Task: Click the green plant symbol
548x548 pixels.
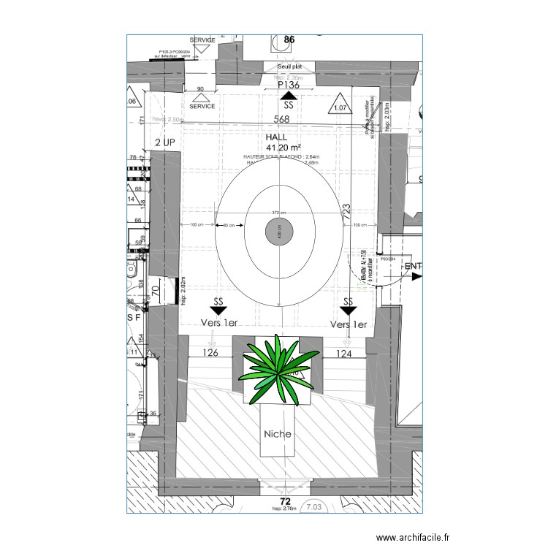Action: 278,369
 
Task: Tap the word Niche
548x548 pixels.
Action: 278,434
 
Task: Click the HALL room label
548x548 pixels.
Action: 278,137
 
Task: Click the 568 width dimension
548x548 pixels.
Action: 282,120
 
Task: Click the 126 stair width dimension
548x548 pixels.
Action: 210,354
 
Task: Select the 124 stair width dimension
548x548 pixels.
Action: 344,354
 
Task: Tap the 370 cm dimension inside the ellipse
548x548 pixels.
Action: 278,213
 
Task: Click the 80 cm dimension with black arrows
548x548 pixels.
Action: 229,225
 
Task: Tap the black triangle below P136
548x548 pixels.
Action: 289,95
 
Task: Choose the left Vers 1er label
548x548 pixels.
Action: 218,324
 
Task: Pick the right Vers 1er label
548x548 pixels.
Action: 349,324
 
